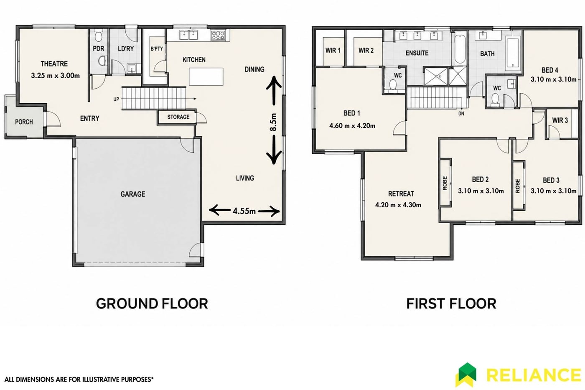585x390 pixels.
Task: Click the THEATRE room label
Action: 54,64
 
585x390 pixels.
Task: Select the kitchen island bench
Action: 206,76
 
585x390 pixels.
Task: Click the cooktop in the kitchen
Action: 218,35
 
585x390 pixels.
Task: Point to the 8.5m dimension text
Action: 273,122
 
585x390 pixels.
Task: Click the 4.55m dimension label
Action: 244,211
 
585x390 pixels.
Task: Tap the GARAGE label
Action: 133,194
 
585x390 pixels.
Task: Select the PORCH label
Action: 24,122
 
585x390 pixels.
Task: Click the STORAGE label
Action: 178,117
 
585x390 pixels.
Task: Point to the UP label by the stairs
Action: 116,99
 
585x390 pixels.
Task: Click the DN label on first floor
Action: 461,114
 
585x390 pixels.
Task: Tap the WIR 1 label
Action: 333,51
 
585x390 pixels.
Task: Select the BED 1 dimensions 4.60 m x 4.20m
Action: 352,126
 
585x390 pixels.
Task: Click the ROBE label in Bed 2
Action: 445,183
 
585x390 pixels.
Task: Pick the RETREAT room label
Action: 401,194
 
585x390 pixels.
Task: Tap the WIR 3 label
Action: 560,120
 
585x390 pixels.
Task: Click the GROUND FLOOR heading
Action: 152,303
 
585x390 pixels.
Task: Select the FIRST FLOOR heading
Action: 451,304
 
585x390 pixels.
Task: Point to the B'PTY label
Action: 157,49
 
